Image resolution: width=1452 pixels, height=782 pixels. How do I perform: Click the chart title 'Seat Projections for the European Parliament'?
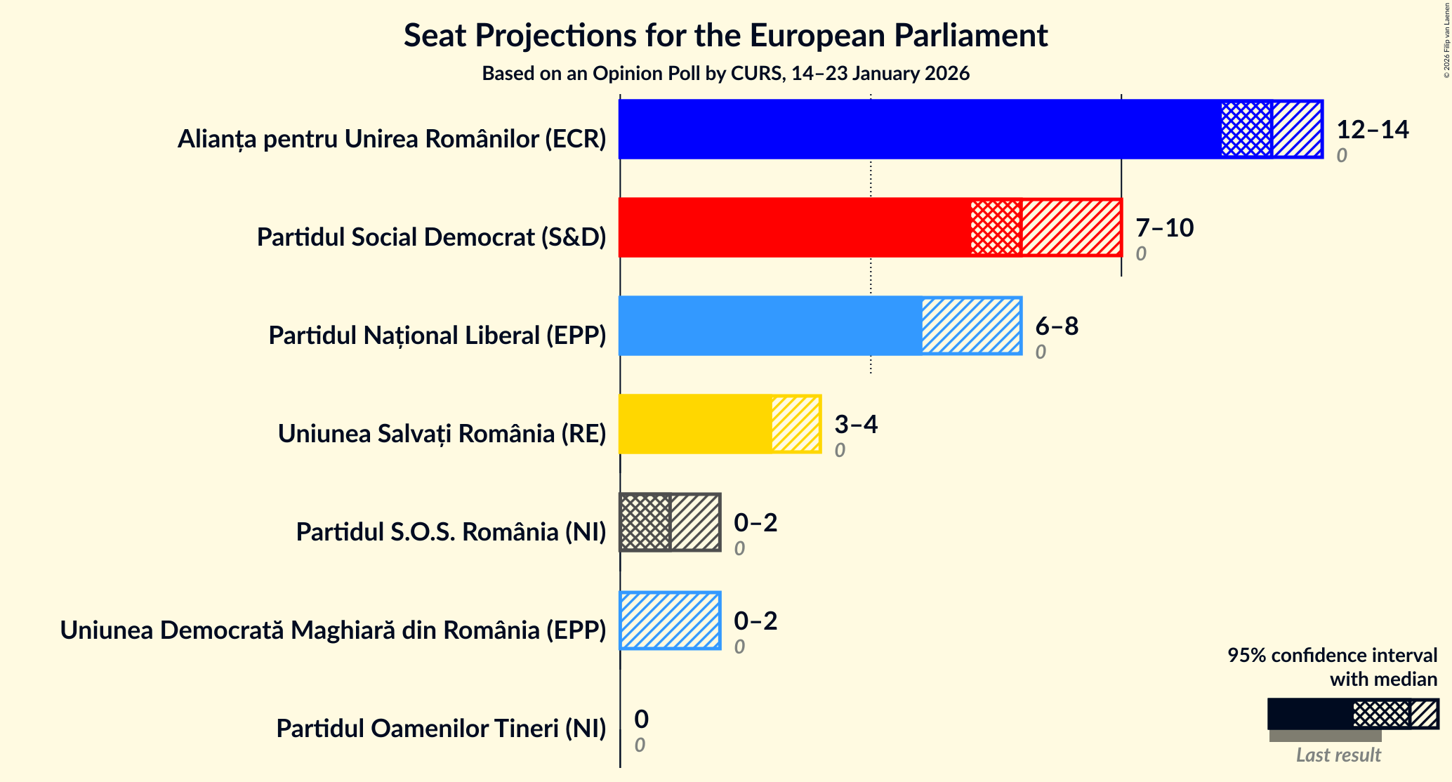[725, 36]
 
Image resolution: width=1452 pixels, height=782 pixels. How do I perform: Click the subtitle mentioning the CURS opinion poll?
[725, 74]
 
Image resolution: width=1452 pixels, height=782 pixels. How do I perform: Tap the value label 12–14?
[1372, 129]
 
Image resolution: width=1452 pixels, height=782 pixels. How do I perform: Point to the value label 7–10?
[1164, 227]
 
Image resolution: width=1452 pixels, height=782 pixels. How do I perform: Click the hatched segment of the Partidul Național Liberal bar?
[971, 326]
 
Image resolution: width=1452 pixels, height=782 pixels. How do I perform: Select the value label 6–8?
[1056, 326]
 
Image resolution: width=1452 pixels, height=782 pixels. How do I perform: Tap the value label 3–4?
[855, 424]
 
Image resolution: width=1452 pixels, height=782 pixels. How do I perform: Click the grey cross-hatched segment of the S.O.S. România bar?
[645, 522]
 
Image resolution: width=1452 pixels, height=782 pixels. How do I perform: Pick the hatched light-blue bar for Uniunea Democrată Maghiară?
[670, 621]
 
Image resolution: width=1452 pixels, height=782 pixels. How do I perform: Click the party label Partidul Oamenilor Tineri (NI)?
[441, 729]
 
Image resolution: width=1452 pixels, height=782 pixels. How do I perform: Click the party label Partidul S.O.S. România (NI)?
[451, 532]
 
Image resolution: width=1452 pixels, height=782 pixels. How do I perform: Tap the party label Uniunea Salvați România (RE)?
[442, 434]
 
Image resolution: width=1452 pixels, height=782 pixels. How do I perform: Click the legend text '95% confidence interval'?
[1332, 655]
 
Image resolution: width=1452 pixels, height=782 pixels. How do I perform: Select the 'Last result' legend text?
[1338, 755]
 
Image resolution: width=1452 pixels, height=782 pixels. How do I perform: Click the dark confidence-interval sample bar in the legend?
[1309, 714]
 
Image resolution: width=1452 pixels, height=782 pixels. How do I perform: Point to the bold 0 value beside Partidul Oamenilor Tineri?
[641, 719]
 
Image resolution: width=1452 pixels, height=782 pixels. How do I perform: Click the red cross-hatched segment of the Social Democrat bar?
[996, 227]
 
